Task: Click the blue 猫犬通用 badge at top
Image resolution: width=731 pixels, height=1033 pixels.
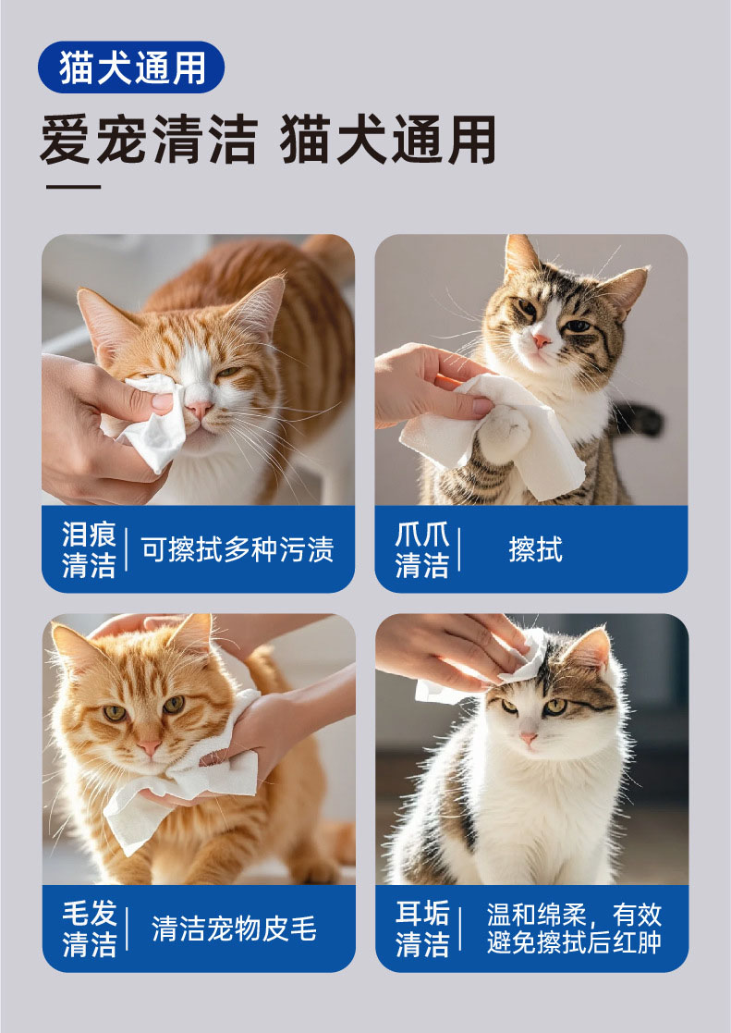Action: click(x=131, y=68)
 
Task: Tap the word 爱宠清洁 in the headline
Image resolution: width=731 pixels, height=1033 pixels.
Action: click(x=149, y=140)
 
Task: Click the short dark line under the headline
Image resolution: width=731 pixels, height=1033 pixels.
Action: click(x=73, y=187)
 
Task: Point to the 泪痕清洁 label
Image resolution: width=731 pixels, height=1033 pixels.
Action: click(x=89, y=549)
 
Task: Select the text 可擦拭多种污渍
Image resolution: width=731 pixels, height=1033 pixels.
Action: click(x=238, y=549)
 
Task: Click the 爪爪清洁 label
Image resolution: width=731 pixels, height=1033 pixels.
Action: click(x=422, y=549)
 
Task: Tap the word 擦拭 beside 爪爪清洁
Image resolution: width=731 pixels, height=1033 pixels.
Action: click(x=535, y=549)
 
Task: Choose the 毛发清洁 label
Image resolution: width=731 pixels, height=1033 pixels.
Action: click(x=90, y=928)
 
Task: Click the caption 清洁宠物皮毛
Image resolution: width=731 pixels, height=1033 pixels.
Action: click(x=235, y=928)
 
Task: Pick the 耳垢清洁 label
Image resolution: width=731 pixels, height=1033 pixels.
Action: click(x=422, y=928)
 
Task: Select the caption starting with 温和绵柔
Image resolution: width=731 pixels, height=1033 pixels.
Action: click(x=574, y=928)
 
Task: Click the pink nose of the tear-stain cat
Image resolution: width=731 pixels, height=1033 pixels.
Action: click(x=199, y=410)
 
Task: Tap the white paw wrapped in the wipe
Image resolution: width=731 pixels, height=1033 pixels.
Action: click(x=505, y=433)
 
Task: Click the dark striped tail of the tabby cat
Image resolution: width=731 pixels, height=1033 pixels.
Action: click(x=637, y=420)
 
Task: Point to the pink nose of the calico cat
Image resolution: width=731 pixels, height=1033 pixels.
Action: click(x=529, y=738)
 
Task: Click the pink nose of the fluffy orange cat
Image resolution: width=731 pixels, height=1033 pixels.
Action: click(x=150, y=747)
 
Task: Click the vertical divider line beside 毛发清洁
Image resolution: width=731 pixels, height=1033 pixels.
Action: click(x=127, y=928)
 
